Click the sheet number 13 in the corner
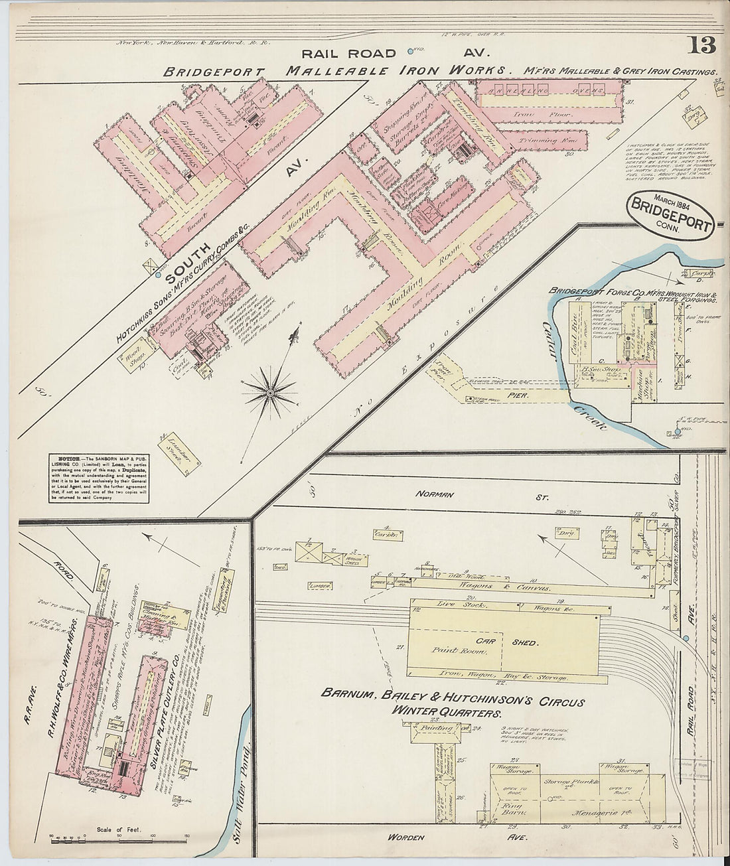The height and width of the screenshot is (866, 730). pyautogui.click(x=701, y=46)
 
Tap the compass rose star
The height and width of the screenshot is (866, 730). pyautogui.click(x=270, y=393)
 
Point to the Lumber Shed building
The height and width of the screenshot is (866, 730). pyautogui.click(x=179, y=455)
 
